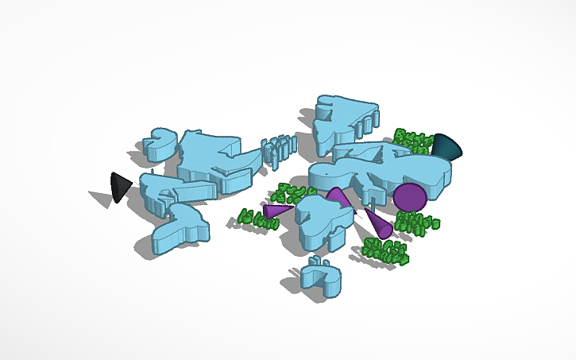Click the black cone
pyautogui.click(x=119, y=187)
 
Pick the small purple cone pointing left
pyautogui.click(x=276, y=211)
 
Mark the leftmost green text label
pyautogui.click(x=257, y=219)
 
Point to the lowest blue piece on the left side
pyautogui.click(x=181, y=230)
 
